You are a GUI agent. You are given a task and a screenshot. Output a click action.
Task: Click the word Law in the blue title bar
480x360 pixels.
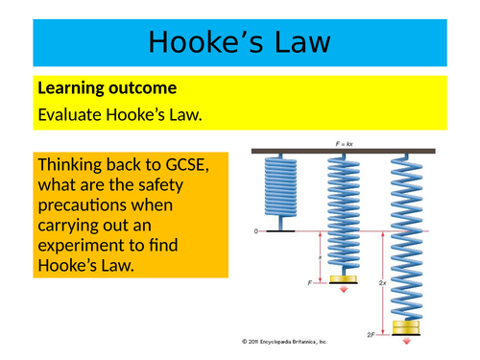point(300,42)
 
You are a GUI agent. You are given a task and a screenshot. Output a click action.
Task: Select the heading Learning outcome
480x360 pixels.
point(107,89)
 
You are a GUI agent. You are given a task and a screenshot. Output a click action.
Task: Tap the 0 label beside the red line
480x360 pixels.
point(255,231)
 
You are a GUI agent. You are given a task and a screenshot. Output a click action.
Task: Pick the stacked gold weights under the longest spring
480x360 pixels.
point(407,328)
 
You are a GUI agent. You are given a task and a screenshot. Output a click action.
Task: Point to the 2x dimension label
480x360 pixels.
point(382,284)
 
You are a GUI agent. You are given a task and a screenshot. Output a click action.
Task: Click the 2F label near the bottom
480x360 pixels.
point(380,333)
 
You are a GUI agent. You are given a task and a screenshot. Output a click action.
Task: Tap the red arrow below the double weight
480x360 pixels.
point(407,341)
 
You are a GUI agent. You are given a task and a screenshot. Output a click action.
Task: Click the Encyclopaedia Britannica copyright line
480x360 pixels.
point(285,342)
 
